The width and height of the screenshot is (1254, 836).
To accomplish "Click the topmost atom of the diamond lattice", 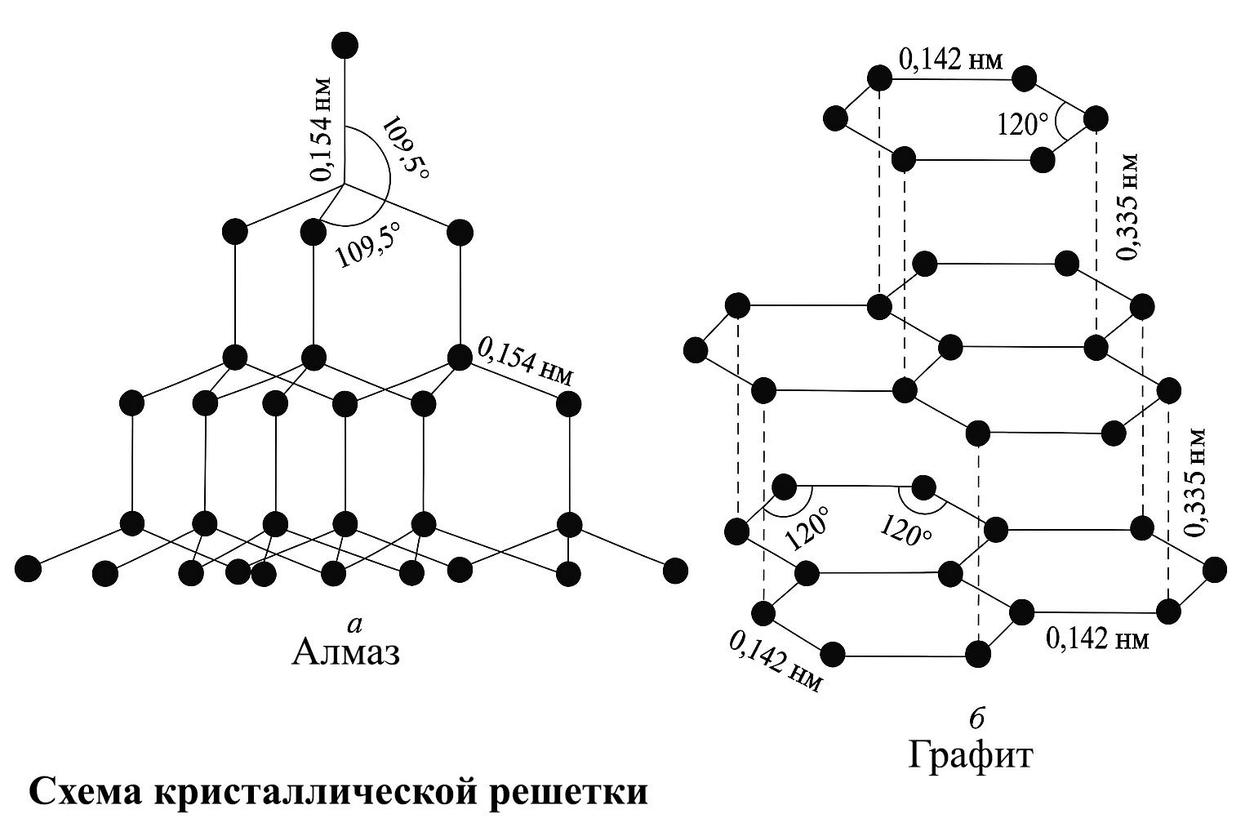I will tap(345, 46).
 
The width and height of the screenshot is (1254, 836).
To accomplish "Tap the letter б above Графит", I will tap(973, 718).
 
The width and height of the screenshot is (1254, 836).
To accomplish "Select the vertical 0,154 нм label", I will tap(322, 128).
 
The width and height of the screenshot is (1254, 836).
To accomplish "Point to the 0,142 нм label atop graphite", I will tap(950, 60).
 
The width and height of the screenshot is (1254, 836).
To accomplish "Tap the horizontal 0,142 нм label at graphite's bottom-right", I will tap(1097, 638).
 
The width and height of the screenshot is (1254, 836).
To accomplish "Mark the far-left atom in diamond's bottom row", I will tap(28, 567).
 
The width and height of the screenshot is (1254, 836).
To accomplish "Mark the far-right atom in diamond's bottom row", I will tap(675, 570).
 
